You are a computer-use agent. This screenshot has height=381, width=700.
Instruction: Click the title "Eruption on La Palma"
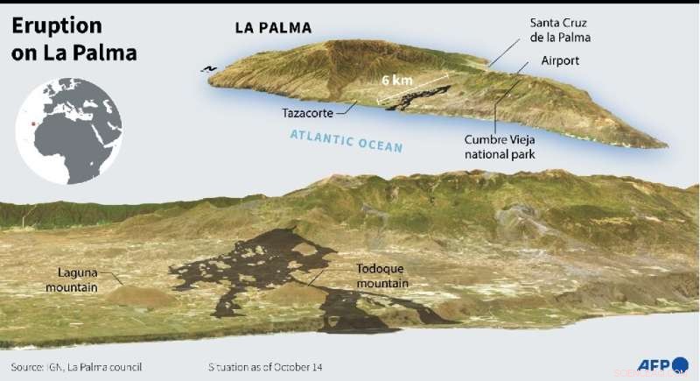coord(74,39)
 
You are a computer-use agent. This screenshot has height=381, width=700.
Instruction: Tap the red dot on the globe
coord(34,123)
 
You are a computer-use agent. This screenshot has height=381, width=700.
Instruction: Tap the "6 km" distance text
coord(398,80)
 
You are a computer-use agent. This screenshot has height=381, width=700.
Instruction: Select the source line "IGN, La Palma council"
coord(76,366)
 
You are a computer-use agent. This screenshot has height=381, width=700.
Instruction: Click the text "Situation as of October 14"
coord(265,366)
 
